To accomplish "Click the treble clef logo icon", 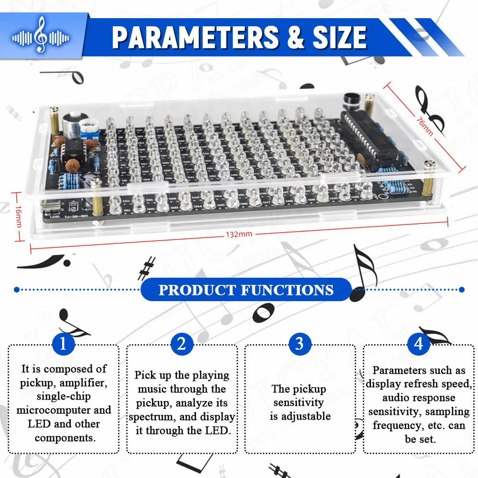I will [x=41, y=35].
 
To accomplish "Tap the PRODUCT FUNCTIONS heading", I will [x=246, y=290].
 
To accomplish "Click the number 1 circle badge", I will [x=63, y=343].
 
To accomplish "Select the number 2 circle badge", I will [x=182, y=343].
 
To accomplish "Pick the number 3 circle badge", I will [x=300, y=343].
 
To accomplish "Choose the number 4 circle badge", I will [x=419, y=343].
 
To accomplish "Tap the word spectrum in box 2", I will [x=150, y=417].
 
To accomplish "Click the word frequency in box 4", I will [x=394, y=425].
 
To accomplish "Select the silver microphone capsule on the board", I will [x=74, y=120].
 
